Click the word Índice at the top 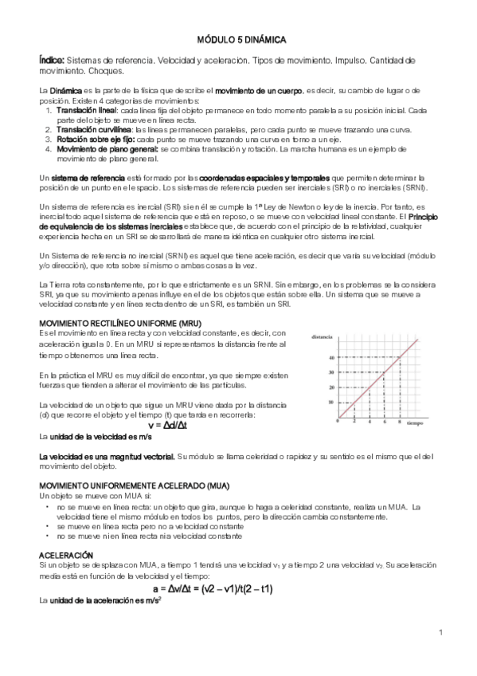point(52,60)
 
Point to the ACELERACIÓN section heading point(66,554)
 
